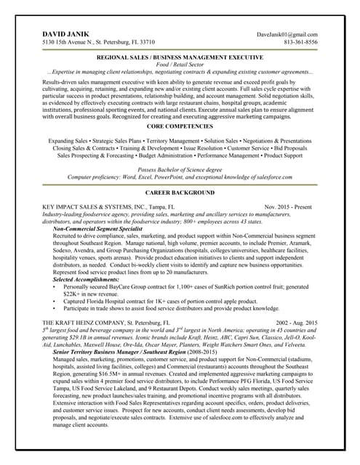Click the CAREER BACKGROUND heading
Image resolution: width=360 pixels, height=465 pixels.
[x=180, y=193]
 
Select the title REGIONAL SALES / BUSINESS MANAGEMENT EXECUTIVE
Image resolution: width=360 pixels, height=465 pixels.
[x=180, y=57]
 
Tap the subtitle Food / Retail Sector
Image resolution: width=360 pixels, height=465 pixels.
[x=180, y=64]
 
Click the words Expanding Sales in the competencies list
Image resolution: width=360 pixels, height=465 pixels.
[x=68, y=139]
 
